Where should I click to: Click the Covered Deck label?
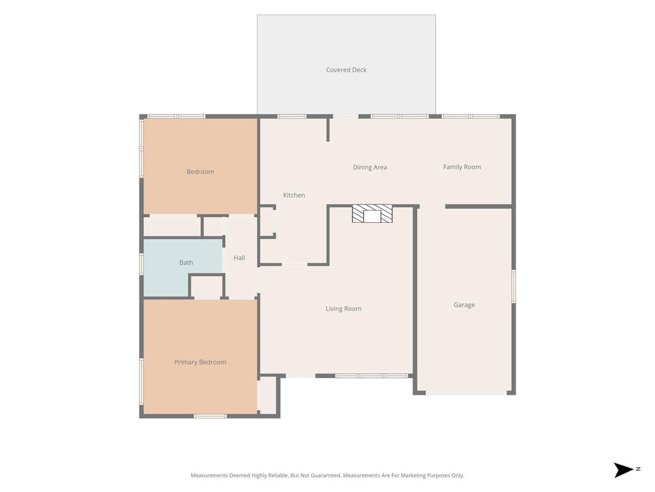coord(346,70)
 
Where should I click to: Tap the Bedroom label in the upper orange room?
coord(200,172)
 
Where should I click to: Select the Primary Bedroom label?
coord(200,363)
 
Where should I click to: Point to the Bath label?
coord(186,262)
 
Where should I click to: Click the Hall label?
coord(239,258)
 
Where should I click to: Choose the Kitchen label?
coord(294,195)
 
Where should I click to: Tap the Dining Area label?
coord(370,167)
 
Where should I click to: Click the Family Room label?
coord(462,167)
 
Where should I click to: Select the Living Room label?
coord(343,309)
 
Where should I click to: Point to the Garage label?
coord(464,305)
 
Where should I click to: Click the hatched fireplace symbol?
coord(372,214)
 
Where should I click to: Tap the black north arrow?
coord(623,470)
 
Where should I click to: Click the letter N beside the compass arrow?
coord(638,469)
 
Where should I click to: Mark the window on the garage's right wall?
coord(514,286)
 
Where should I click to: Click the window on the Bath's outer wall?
coord(141,264)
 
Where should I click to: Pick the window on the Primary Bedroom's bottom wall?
coord(210,416)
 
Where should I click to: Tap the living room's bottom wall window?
coord(372,376)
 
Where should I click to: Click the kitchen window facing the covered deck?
coord(292,117)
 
